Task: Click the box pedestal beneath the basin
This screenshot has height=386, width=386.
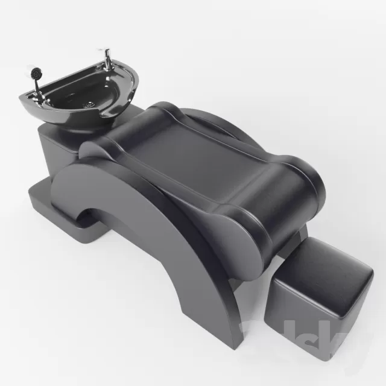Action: click(x=57, y=151)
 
